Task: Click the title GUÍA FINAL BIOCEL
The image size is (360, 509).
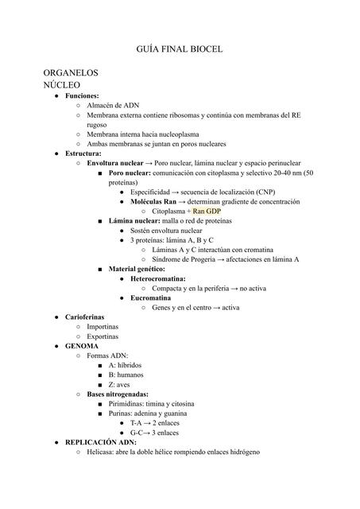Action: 180,50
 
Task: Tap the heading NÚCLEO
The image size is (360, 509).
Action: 61,84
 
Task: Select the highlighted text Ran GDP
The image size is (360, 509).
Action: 206,212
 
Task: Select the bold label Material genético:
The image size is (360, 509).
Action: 143,269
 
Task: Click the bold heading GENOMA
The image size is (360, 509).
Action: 81,347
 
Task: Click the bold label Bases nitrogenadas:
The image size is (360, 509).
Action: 117,394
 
